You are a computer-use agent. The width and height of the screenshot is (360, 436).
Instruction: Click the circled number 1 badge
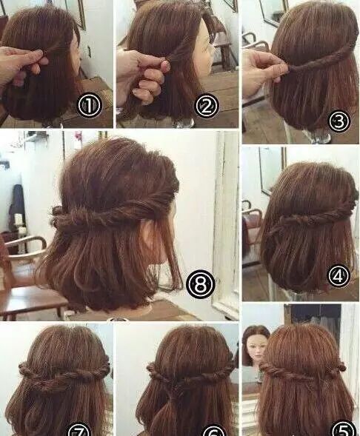point(89,106)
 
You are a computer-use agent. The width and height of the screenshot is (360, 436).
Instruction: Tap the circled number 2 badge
point(207,105)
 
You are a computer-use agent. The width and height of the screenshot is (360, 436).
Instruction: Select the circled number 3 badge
point(339,121)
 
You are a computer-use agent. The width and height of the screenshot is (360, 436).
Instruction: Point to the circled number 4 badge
point(339,276)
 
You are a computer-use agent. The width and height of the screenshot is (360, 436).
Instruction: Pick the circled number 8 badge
point(201,284)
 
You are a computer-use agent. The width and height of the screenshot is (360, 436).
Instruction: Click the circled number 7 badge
point(79,430)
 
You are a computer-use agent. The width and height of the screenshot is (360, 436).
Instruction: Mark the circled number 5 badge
point(344,428)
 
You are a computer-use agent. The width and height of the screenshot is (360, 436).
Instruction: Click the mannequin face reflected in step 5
point(256,352)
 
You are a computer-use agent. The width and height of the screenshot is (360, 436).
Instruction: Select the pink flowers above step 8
point(79,136)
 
